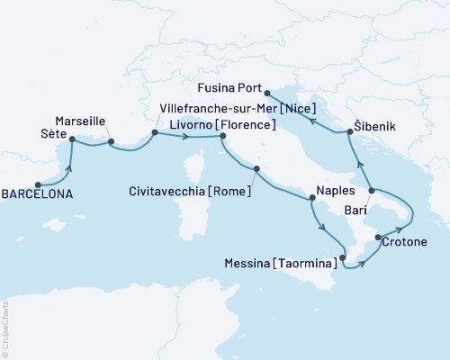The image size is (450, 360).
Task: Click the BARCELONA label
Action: tap(39, 193)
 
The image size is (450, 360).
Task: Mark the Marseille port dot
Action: tap(111, 140)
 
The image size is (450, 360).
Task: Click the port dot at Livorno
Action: tap(222, 136)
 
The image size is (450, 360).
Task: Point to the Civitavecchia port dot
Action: tap(256, 168)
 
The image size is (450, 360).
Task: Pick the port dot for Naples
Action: tap(311, 202)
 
